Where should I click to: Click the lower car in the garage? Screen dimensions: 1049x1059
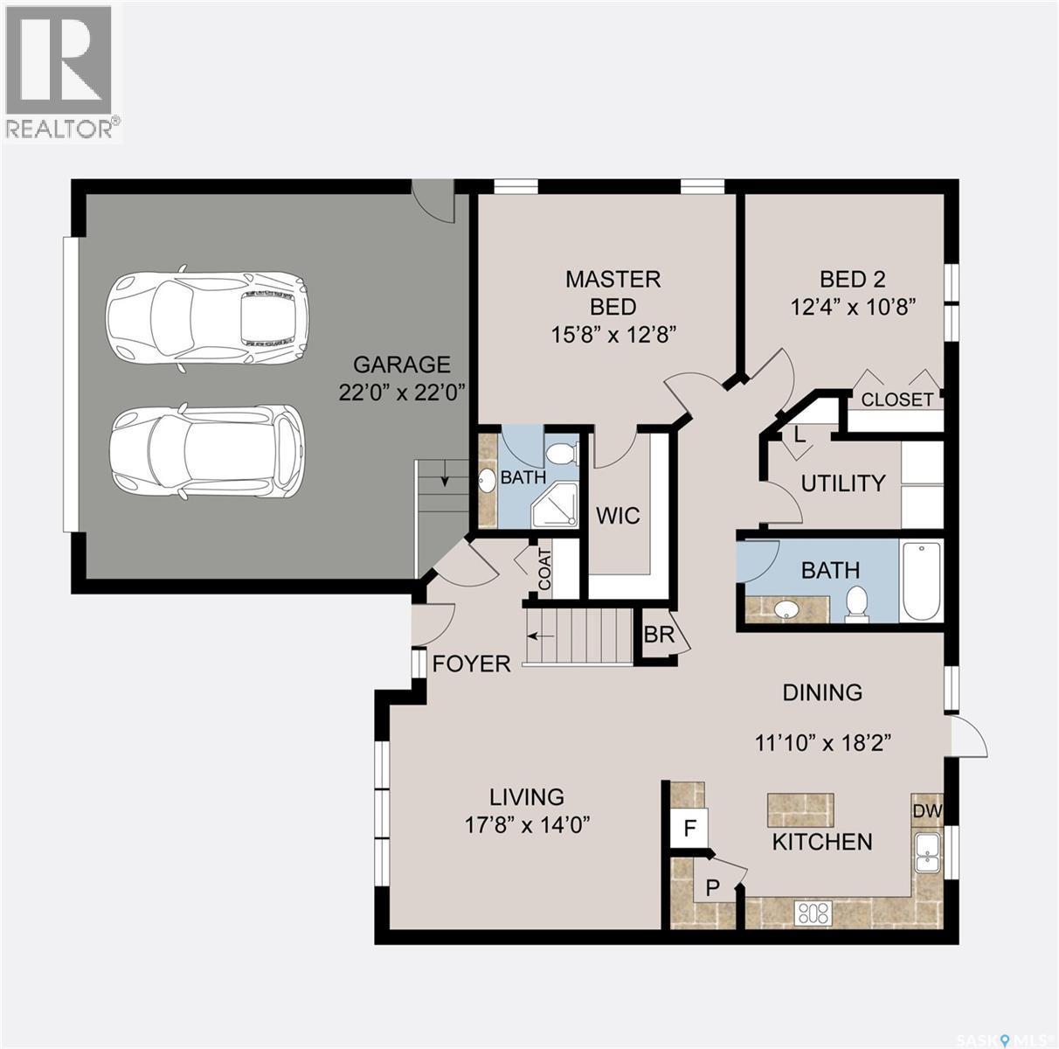[x=206, y=451]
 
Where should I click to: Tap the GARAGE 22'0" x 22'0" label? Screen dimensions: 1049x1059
[x=401, y=378]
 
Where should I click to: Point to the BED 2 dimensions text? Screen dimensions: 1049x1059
[x=853, y=307]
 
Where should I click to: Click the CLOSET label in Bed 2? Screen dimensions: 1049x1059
[x=897, y=399]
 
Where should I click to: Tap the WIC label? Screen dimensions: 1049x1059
[x=618, y=516]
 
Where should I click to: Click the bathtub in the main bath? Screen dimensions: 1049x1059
[x=921, y=582]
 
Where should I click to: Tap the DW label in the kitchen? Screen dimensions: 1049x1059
[x=927, y=810]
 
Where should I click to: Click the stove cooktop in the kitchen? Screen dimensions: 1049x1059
[x=813, y=914]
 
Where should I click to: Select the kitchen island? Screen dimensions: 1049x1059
[x=799, y=809]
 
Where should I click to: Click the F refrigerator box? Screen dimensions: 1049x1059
[x=689, y=827]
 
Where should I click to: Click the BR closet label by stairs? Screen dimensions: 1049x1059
[x=659, y=635]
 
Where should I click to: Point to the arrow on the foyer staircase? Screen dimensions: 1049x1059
[x=547, y=636]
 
